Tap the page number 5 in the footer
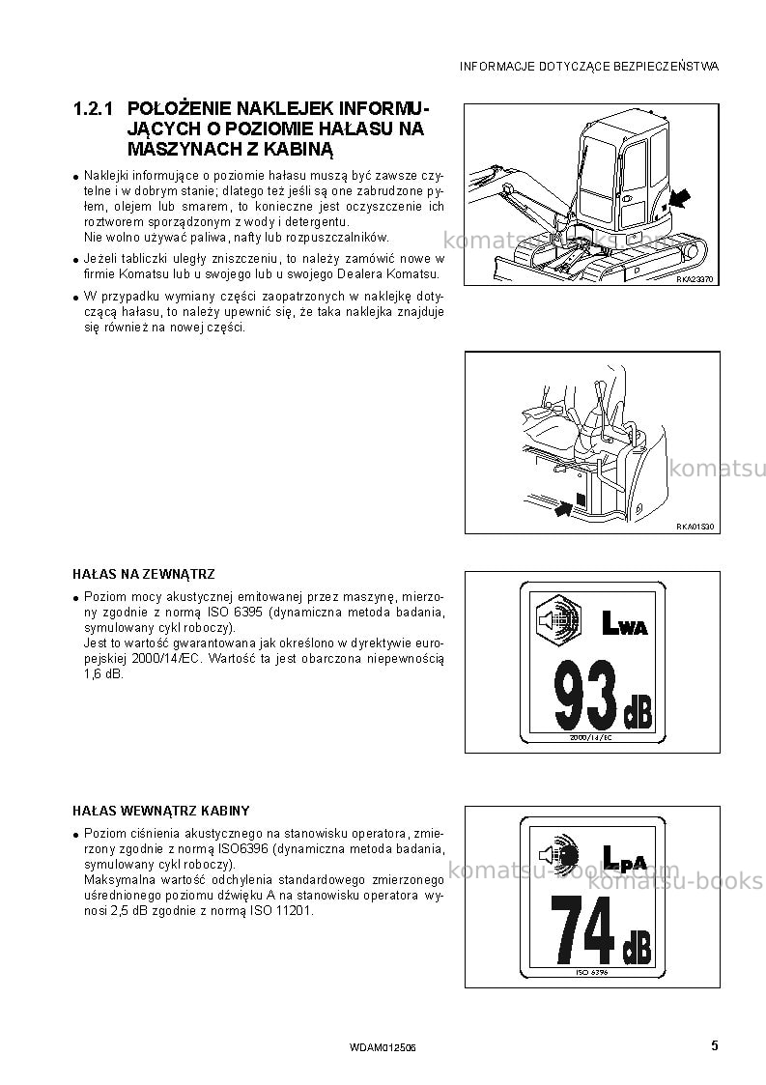715,1045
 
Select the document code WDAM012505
383,1048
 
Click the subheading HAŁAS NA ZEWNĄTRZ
144,574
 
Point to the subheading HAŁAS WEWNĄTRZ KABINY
161,811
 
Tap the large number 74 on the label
582,930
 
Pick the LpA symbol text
624,857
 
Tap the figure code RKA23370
694,279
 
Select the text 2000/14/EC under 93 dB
590,737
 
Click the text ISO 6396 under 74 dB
591,972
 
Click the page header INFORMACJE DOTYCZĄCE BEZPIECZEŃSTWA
589,67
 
